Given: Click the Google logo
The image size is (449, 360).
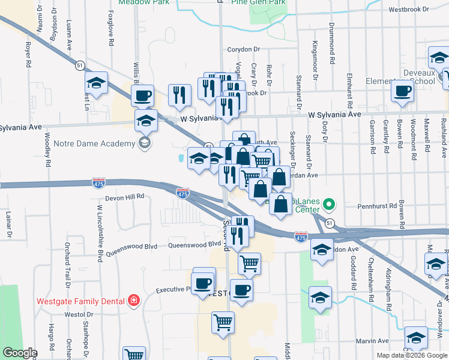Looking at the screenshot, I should [19, 353].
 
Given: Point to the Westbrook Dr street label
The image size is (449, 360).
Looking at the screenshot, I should [409, 10].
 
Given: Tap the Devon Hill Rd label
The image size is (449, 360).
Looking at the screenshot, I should [125, 196].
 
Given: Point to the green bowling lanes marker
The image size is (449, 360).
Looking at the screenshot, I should [328, 205].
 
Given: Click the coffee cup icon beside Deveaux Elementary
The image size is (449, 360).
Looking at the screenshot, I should [402, 92].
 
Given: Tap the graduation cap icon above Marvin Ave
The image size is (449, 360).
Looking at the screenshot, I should [416, 337].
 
